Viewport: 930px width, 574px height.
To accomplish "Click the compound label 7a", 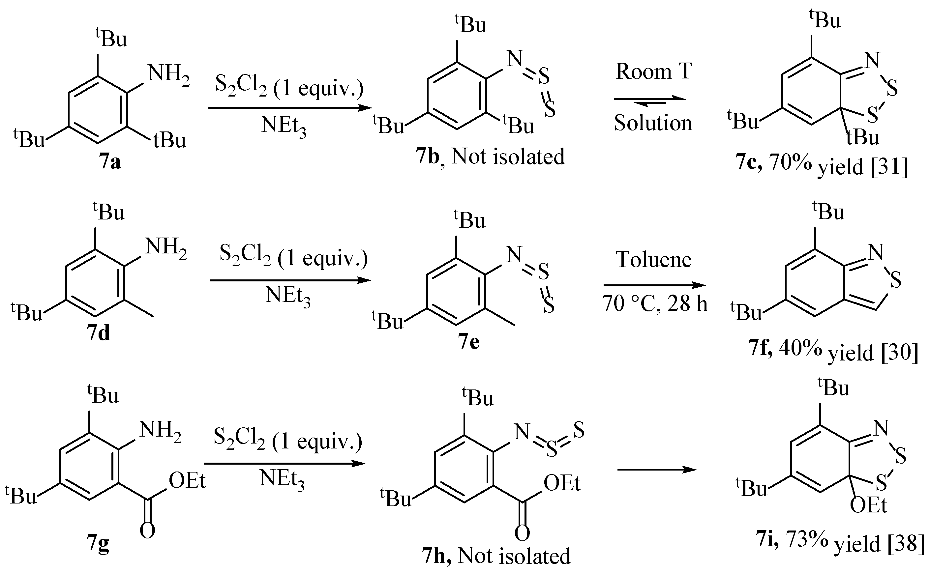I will tap(110, 162).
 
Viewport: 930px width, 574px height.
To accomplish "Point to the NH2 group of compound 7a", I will tap(168, 74).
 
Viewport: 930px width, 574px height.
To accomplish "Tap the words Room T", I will tap(653, 72).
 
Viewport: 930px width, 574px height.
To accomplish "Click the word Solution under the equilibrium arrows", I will tap(653, 123).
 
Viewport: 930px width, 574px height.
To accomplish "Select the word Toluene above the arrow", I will tap(653, 260).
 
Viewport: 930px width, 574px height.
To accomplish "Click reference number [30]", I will tap(899, 353).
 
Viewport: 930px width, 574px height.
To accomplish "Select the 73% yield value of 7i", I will tap(807, 539).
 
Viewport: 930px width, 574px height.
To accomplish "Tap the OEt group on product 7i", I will tap(868, 506).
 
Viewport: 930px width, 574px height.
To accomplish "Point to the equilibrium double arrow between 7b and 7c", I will tap(650, 100).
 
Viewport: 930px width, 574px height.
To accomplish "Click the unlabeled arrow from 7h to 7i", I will tap(657, 470).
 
